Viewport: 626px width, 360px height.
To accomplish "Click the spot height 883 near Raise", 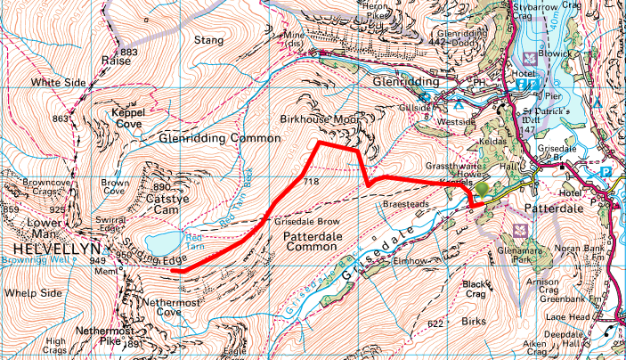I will click(129, 53).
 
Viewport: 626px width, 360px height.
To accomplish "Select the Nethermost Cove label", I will click(155, 307).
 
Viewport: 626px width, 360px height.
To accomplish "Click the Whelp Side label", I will click(33, 292).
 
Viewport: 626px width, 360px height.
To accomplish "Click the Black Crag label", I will click(477, 289).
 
